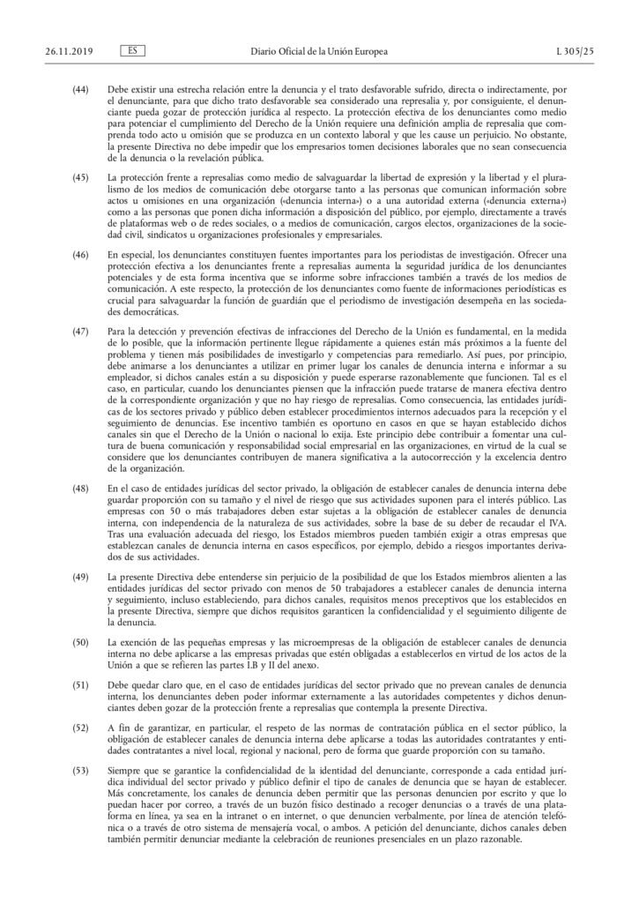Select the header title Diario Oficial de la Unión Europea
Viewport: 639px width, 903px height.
coord(318,29)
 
